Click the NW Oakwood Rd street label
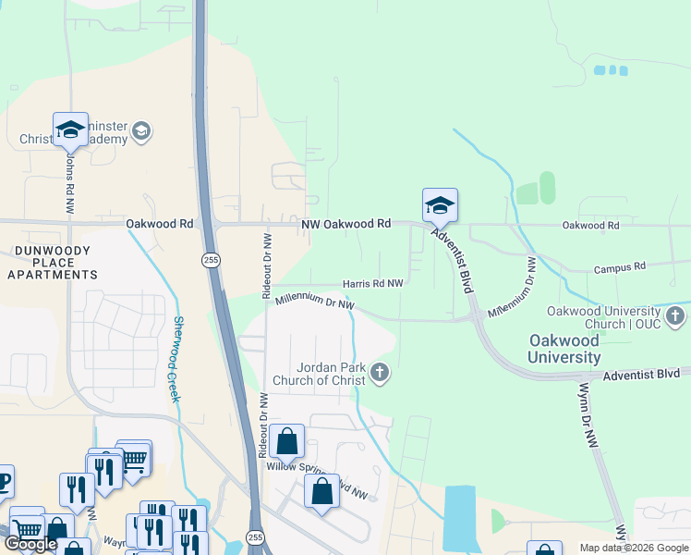tap(346, 224)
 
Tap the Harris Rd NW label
tap(373, 283)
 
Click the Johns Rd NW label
tap(69, 180)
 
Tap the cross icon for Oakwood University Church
tap(675, 317)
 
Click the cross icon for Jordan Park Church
tap(380, 374)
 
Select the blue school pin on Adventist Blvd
tap(440, 206)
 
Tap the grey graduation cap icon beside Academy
tap(141, 131)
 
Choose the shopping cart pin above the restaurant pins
tap(134, 456)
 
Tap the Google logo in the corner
tap(31, 544)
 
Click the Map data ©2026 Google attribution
tap(633, 548)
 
